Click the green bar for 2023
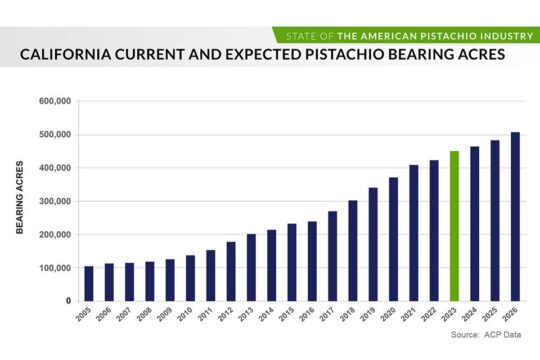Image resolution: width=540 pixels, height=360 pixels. [x=454, y=226]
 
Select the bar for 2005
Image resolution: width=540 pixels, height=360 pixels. [x=89, y=283]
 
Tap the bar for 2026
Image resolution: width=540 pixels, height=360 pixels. [x=515, y=216]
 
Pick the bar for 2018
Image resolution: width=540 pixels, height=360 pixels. [x=353, y=250]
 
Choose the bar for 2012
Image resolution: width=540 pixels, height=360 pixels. [x=231, y=271]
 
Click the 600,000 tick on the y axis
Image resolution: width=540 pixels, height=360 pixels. [x=54, y=101]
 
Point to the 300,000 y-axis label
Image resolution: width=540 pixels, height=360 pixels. [x=54, y=201]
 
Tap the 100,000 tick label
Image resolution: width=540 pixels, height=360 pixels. [x=54, y=268]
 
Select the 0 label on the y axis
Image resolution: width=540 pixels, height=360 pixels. [x=67, y=301]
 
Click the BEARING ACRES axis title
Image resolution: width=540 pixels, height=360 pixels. [x=20, y=200]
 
